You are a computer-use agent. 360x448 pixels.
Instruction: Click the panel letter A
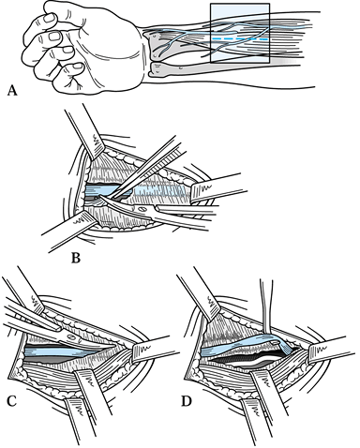point(11,91)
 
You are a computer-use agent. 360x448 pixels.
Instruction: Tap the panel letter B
point(76,258)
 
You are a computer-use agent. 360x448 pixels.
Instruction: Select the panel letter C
point(11,402)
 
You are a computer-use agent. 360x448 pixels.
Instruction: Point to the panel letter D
point(187,402)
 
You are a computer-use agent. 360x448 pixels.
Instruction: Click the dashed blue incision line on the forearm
point(240,39)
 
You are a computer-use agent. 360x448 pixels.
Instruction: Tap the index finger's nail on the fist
point(50,18)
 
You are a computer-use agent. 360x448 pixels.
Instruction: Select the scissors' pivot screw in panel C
point(71,337)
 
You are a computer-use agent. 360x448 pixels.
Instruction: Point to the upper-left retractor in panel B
point(85,133)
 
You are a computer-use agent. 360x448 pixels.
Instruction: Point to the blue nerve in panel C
point(63,351)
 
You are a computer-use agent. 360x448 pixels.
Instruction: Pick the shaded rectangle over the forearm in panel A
point(240,33)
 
